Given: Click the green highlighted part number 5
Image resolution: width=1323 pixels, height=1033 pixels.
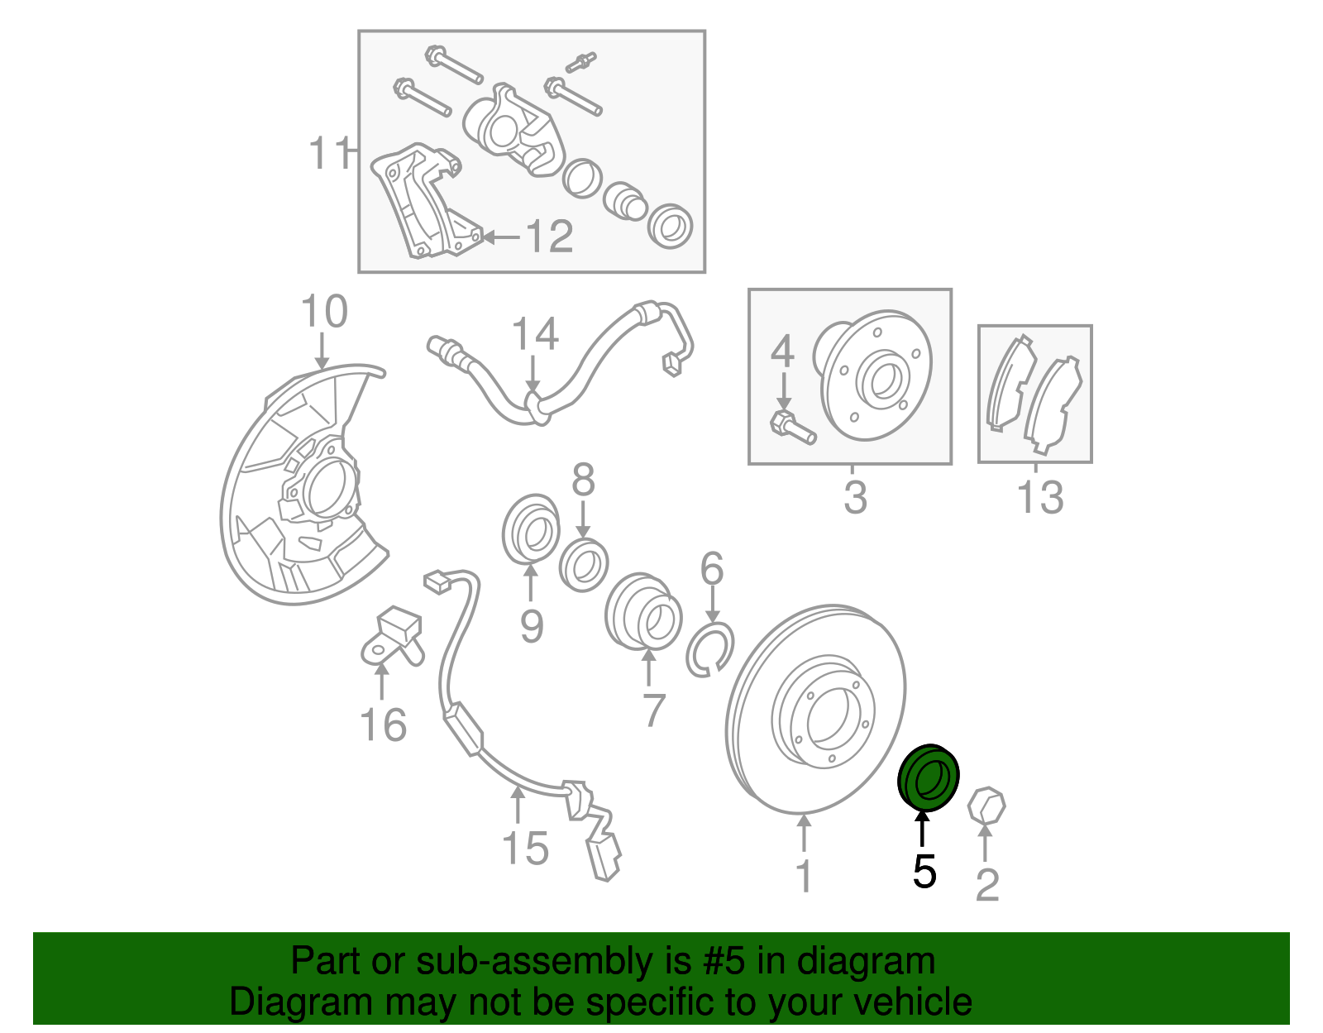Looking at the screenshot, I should tap(928, 777).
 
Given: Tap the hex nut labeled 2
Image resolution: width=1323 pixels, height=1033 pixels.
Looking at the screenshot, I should tap(986, 806).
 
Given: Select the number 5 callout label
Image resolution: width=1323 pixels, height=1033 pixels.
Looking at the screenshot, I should tap(924, 872).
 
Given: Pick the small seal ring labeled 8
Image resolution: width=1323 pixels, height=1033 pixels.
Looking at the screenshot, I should tap(584, 564).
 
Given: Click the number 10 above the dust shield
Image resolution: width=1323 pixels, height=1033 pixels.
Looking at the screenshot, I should tap(323, 312).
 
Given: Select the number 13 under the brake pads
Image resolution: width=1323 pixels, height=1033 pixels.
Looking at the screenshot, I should tap(1039, 497).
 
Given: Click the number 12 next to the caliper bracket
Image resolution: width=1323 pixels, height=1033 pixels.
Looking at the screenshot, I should tap(549, 237).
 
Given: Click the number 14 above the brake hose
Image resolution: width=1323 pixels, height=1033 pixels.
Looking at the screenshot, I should tap(535, 334).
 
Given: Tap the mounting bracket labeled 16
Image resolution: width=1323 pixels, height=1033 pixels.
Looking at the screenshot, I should tap(391, 638).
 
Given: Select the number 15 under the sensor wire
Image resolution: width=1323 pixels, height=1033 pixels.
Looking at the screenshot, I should tap(525, 849).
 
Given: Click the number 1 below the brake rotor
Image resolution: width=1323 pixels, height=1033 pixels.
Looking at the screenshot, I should tap(804, 877).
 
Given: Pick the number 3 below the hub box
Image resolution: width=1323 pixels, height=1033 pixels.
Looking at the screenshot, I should tap(855, 497).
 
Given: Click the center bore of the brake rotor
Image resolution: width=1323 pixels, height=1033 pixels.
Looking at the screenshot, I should tap(828, 715).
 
